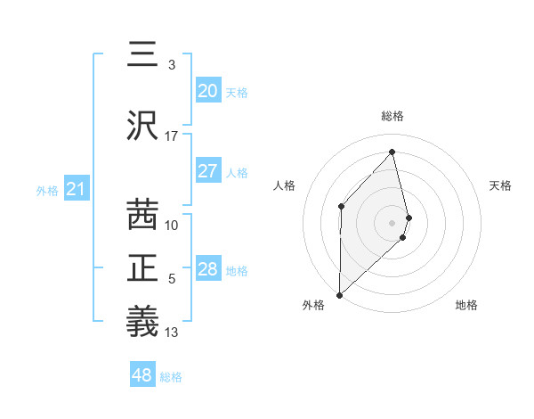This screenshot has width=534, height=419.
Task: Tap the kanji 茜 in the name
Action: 143,215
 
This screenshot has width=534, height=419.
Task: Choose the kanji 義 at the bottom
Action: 143,320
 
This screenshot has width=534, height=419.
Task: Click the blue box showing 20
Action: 207,91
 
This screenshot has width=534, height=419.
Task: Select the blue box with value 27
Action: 207,171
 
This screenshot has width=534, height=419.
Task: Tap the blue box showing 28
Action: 207,269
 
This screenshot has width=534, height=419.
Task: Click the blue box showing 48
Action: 142,375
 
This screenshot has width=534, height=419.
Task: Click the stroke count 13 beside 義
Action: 172,333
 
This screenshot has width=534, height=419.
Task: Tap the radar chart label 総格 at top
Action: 392,116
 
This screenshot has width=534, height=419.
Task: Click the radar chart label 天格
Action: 501,185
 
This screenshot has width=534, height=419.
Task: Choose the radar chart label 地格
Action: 466,306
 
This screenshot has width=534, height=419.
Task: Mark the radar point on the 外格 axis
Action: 339,294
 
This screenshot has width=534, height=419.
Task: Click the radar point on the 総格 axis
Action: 392,152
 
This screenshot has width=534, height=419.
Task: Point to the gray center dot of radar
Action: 392,221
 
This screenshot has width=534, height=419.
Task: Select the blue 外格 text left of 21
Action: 47,190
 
